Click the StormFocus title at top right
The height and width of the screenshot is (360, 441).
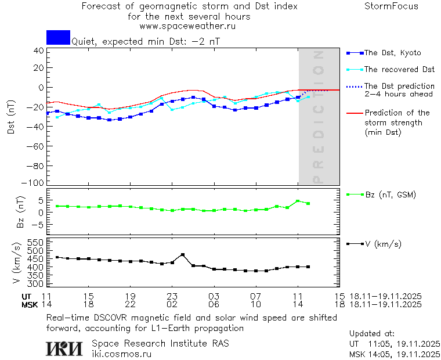[391, 6]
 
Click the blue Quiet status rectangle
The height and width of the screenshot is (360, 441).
[58, 37]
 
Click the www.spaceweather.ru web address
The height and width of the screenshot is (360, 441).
[187, 26]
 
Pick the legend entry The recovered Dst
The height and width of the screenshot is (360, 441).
[399, 69]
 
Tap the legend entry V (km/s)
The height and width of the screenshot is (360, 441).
[382, 244]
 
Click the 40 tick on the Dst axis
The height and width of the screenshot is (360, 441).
[38, 51]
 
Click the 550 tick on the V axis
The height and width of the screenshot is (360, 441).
[36, 242]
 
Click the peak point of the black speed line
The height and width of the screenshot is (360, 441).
[183, 254]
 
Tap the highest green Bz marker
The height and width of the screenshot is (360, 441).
[298, 201]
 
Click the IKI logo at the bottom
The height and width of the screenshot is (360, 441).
[65, 348]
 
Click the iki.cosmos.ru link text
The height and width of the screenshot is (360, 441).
[122, 354]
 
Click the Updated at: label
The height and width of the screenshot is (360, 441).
[373, 334]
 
